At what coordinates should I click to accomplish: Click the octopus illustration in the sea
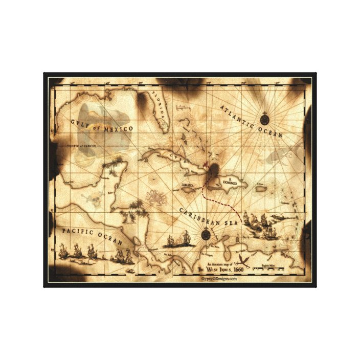155,197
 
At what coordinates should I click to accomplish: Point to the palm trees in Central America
136,207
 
